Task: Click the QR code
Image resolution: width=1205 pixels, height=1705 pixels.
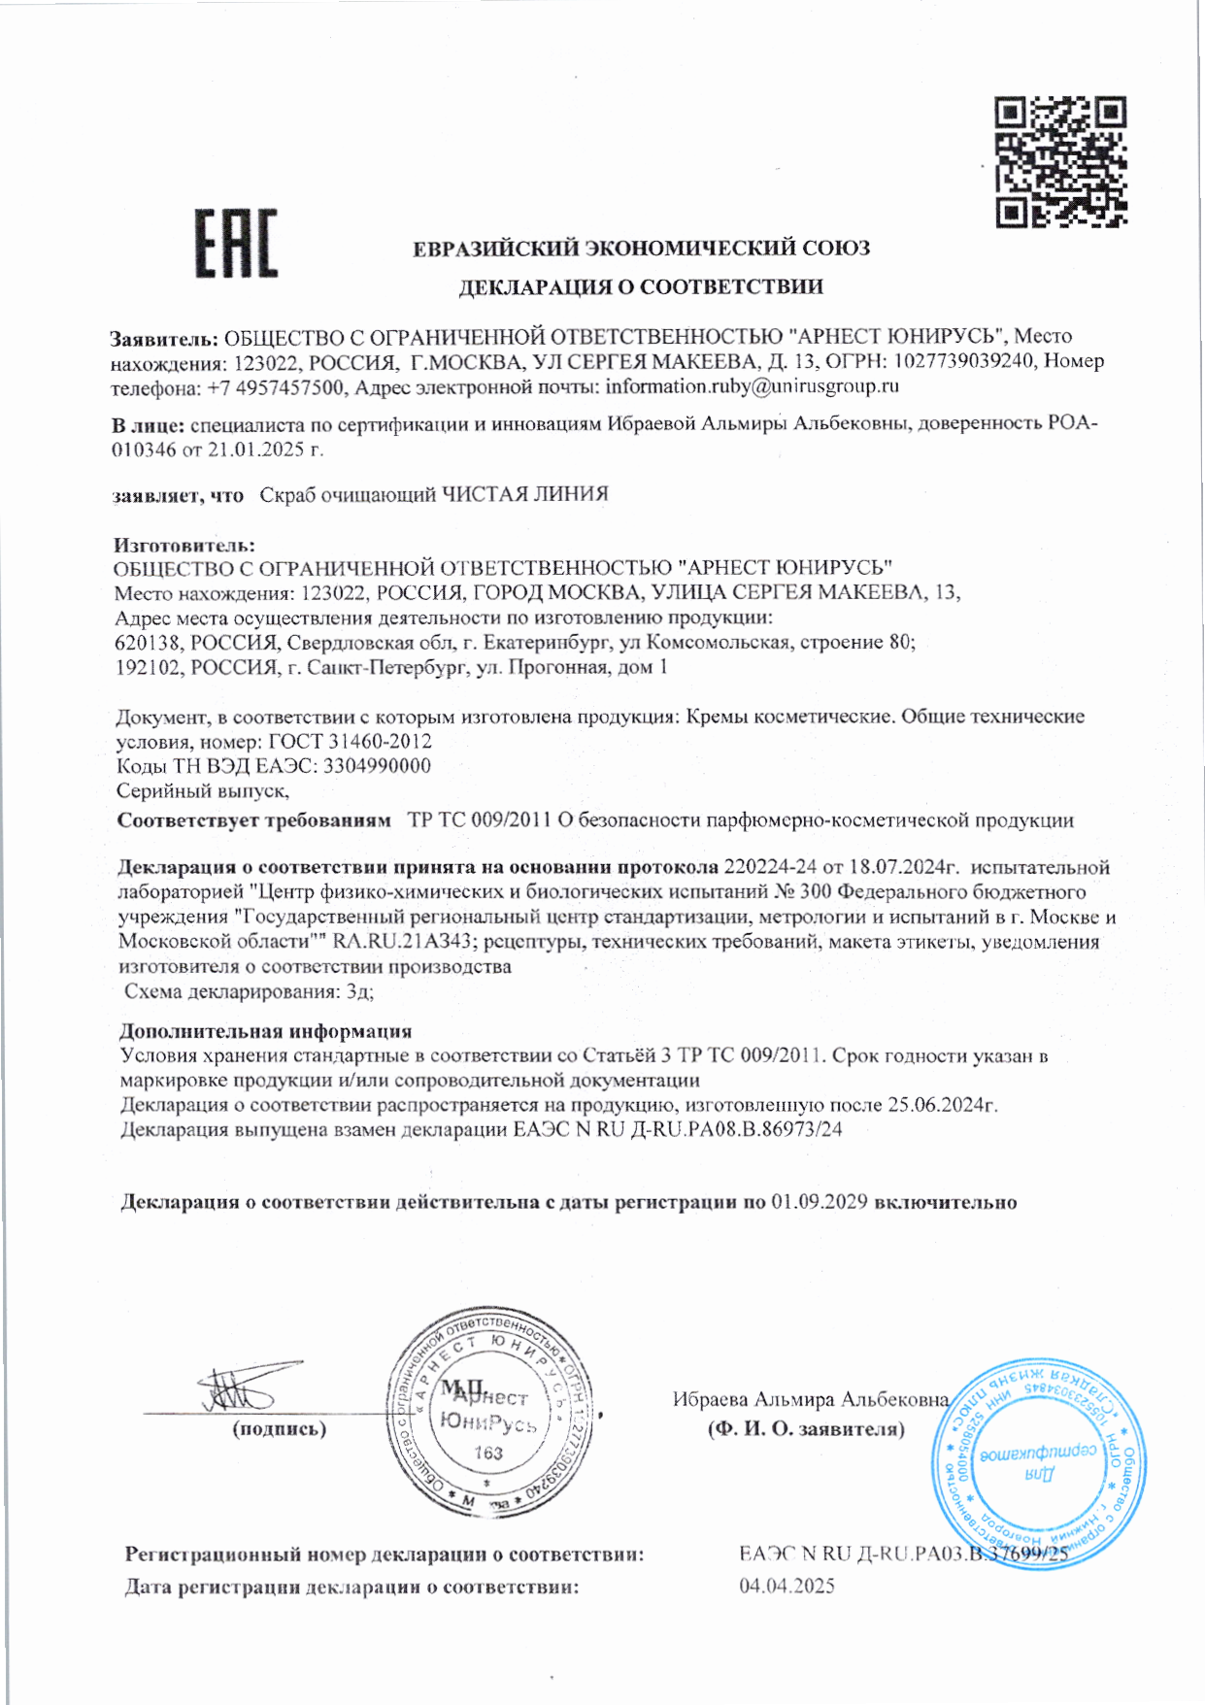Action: (1061, 162)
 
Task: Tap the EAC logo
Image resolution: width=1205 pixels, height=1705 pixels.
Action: (236, 244)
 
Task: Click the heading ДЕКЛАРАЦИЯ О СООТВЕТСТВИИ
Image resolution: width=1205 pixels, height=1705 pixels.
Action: (641, 286)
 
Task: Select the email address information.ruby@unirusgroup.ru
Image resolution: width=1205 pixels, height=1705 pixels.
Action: (753, 386)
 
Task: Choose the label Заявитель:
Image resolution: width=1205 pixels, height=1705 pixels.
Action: (164, 338)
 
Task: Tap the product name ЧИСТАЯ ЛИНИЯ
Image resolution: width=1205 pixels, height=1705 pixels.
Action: (525, 494)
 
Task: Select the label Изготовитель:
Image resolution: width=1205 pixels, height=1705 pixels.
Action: (184, 545)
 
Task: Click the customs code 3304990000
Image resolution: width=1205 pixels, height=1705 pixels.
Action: (377, 766)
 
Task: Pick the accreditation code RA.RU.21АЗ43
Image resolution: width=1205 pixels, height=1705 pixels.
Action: (402, 941)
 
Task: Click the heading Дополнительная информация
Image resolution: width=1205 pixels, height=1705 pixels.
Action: (265, 1031)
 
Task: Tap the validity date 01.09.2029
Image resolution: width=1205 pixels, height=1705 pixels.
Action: (820, 1202)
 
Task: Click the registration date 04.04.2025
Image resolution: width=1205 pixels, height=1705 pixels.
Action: (787, 1586)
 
